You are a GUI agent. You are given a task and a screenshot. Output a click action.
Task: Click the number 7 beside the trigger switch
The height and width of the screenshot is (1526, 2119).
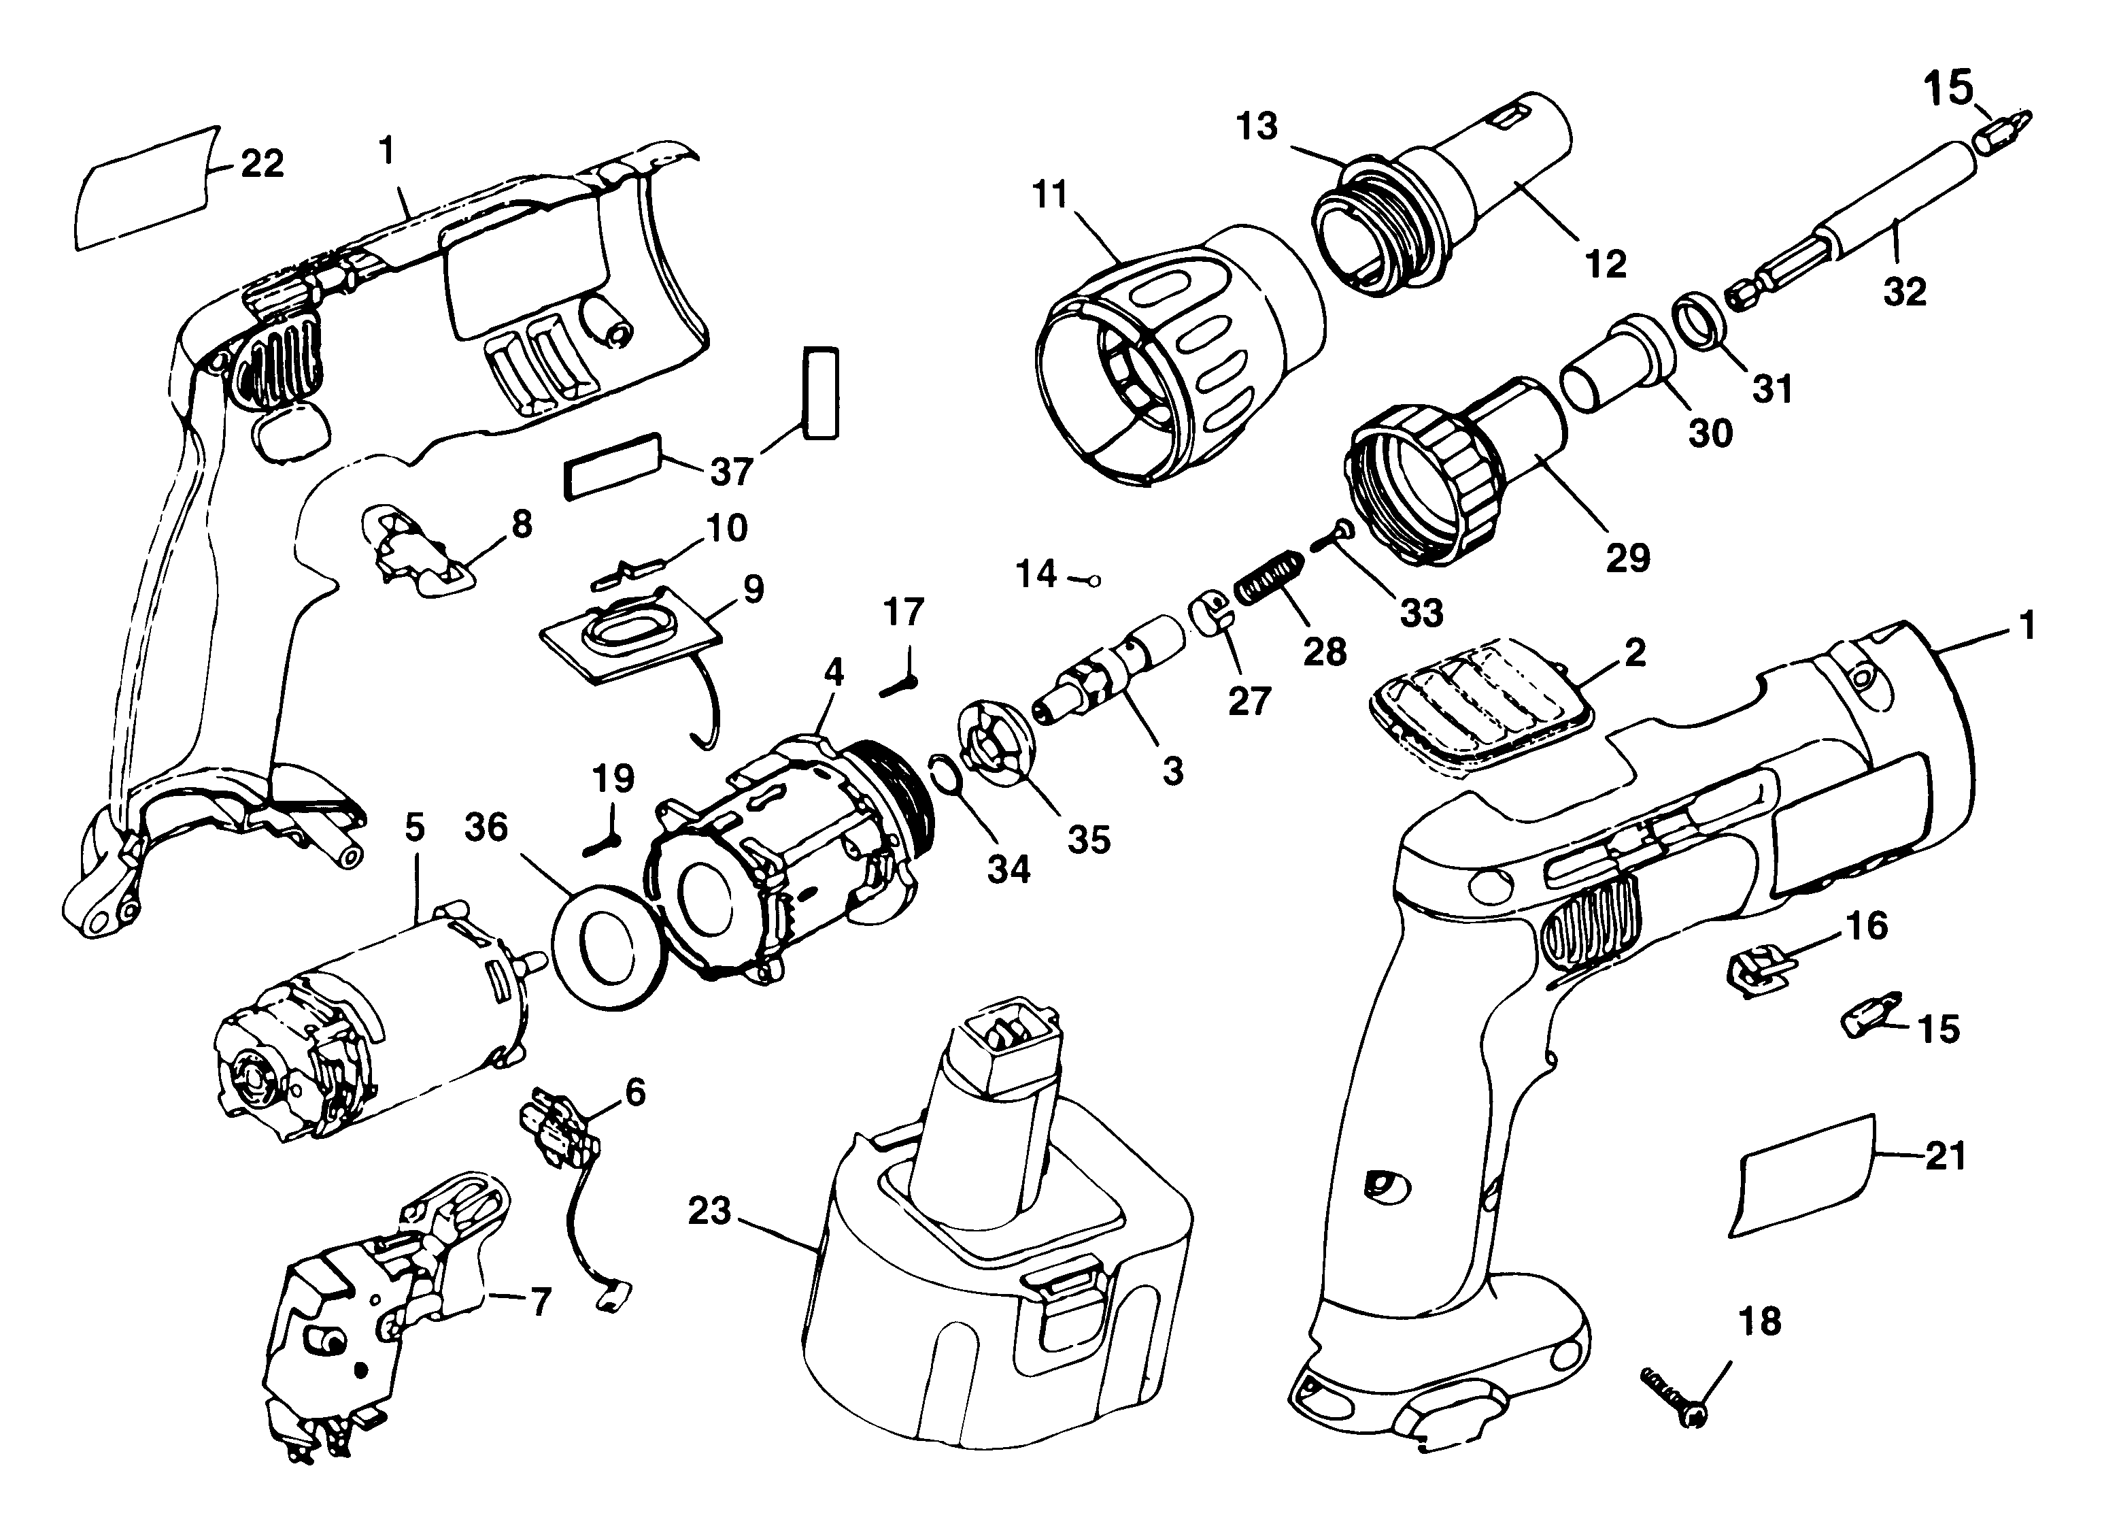click(x=540, y=1301)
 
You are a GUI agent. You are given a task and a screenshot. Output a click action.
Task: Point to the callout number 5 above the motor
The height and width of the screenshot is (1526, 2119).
click(x=415, y=828)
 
